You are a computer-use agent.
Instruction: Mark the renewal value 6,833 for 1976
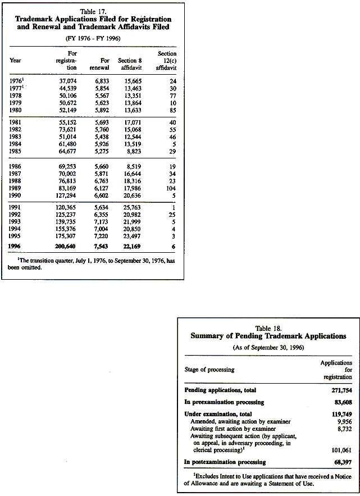coord(101,81)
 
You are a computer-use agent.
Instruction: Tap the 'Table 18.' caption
coord(268,327)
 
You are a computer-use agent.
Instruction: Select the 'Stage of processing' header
coord(209,370)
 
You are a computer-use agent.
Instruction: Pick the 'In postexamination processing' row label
coord(225,462)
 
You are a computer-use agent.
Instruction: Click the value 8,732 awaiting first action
coord(341,428)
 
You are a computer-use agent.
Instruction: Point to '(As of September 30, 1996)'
coord(268,348)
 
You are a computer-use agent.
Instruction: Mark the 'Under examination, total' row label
coord(218,414)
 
